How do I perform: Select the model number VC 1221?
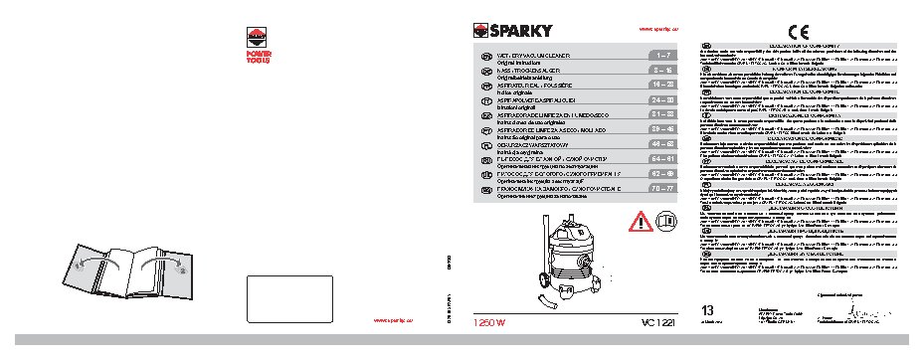point(651,322)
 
